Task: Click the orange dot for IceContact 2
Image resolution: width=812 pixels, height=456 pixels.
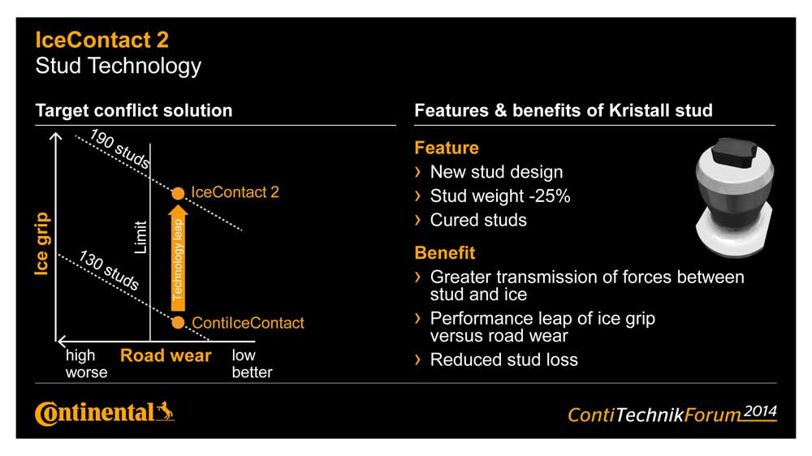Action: point(178,194)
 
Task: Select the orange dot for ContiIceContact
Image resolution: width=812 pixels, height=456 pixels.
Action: point(178,322)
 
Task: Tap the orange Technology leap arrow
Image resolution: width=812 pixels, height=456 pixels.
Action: point(178,258)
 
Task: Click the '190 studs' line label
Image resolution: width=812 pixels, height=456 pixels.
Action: point(120,148)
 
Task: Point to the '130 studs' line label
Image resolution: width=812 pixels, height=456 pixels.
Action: point(109,270)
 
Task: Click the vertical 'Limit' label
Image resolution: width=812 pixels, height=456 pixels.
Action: point(140,238)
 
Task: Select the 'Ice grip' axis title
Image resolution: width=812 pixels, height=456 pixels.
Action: point(42,243)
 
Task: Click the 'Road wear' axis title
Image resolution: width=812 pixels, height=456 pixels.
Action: point(166,355)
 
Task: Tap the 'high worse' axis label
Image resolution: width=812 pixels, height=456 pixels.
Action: point(87,364)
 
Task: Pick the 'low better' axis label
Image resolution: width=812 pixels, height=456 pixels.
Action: point(253,364)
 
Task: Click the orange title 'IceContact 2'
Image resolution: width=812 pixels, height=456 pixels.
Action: point(102,40)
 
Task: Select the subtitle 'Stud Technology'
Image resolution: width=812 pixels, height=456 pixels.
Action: point(118,67)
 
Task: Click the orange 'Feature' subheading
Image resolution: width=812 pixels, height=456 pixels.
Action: point(447,148)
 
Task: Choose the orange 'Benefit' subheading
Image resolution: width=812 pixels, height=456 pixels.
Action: point(445,253)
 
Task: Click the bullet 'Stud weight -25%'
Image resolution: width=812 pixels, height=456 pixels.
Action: point(500,196)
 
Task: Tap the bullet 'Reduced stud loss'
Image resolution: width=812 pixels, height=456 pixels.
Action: point(504,359)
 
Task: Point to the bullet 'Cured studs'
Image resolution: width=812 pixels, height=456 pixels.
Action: point(478,221)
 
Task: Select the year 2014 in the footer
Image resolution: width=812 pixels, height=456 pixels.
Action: point(760,411)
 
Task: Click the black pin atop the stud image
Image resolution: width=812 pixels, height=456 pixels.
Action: point(736,152)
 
